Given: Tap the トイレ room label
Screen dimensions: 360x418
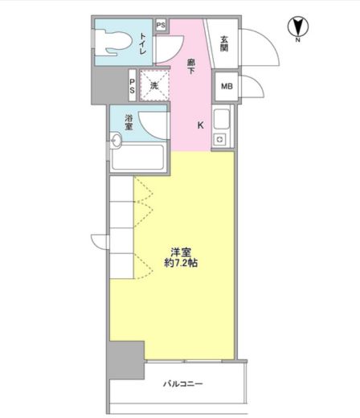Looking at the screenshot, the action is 142,43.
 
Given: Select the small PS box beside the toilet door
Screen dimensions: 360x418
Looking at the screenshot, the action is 161,26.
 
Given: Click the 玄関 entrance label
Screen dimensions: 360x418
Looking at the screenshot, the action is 224,43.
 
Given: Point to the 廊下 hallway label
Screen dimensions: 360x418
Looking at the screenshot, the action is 191,67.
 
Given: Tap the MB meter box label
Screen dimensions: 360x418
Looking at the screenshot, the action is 227,87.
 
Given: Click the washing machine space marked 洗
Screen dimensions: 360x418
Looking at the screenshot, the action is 154,85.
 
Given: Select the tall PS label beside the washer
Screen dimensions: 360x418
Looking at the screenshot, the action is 132,86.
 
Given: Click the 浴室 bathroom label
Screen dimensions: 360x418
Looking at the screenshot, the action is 129,122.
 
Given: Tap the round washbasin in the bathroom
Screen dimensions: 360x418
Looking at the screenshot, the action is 117,140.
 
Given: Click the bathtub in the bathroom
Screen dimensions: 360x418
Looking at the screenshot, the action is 138,157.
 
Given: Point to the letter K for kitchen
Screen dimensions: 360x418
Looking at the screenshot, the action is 201,125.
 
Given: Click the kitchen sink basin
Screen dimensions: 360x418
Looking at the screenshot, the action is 222,119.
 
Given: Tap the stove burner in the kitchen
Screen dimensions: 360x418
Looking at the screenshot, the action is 219,140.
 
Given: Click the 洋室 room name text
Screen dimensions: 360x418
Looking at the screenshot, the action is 181,252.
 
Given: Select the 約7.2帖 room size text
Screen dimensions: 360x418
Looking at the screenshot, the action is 181,263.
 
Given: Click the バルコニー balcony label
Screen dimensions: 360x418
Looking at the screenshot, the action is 183,384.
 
